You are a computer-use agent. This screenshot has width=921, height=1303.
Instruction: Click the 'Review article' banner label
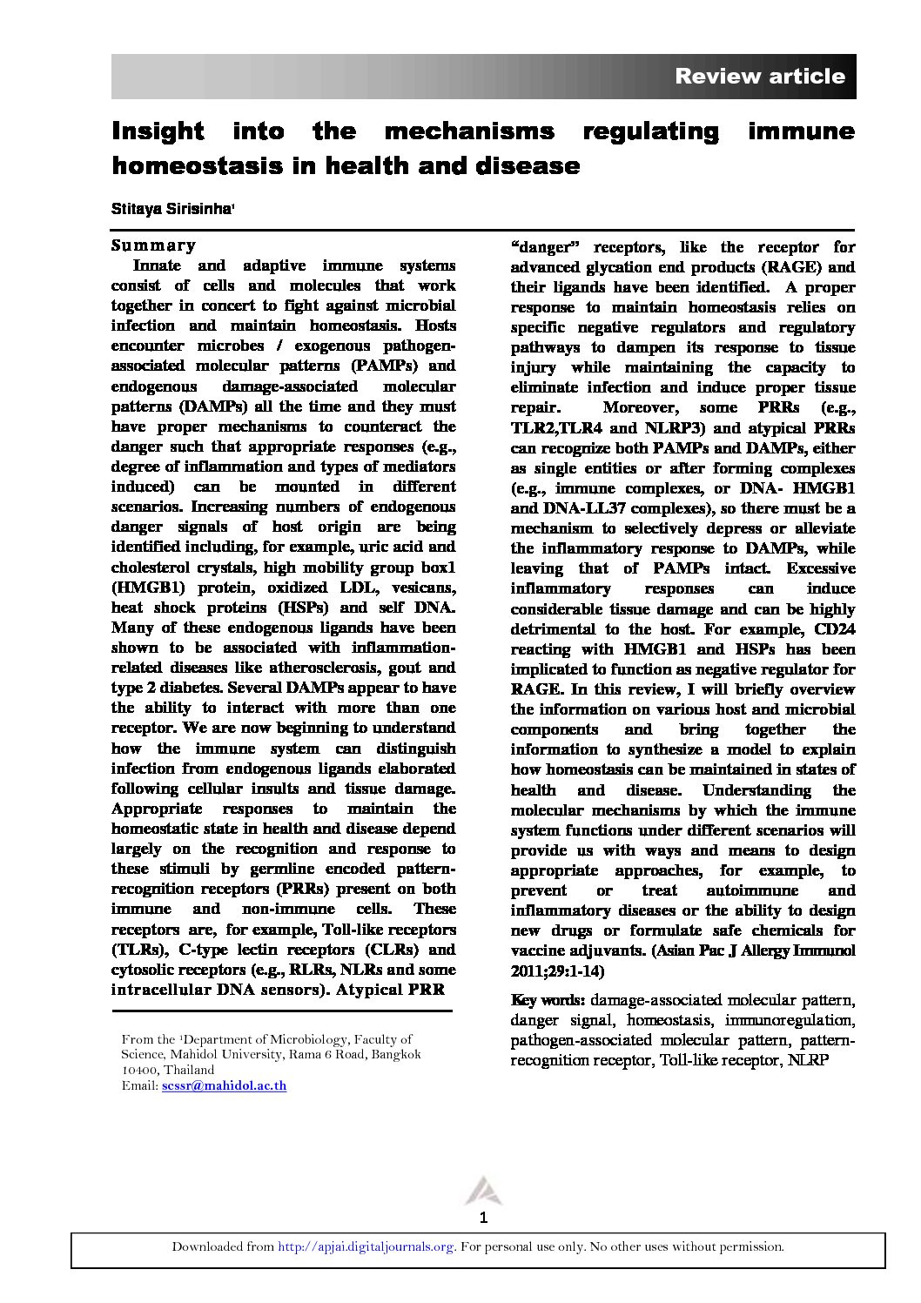759,77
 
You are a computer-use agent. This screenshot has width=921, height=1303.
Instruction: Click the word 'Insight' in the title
157,131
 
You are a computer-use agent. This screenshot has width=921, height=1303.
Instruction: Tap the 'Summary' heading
153,245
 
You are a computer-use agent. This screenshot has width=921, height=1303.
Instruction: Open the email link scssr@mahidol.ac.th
224,1085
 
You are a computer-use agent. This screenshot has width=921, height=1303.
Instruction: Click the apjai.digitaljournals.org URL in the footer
366,1246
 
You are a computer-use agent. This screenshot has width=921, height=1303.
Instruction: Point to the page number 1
483,1218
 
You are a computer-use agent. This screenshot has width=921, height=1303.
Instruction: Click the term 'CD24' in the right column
834,629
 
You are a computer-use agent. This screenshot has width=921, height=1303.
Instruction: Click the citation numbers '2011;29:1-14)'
557,971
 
